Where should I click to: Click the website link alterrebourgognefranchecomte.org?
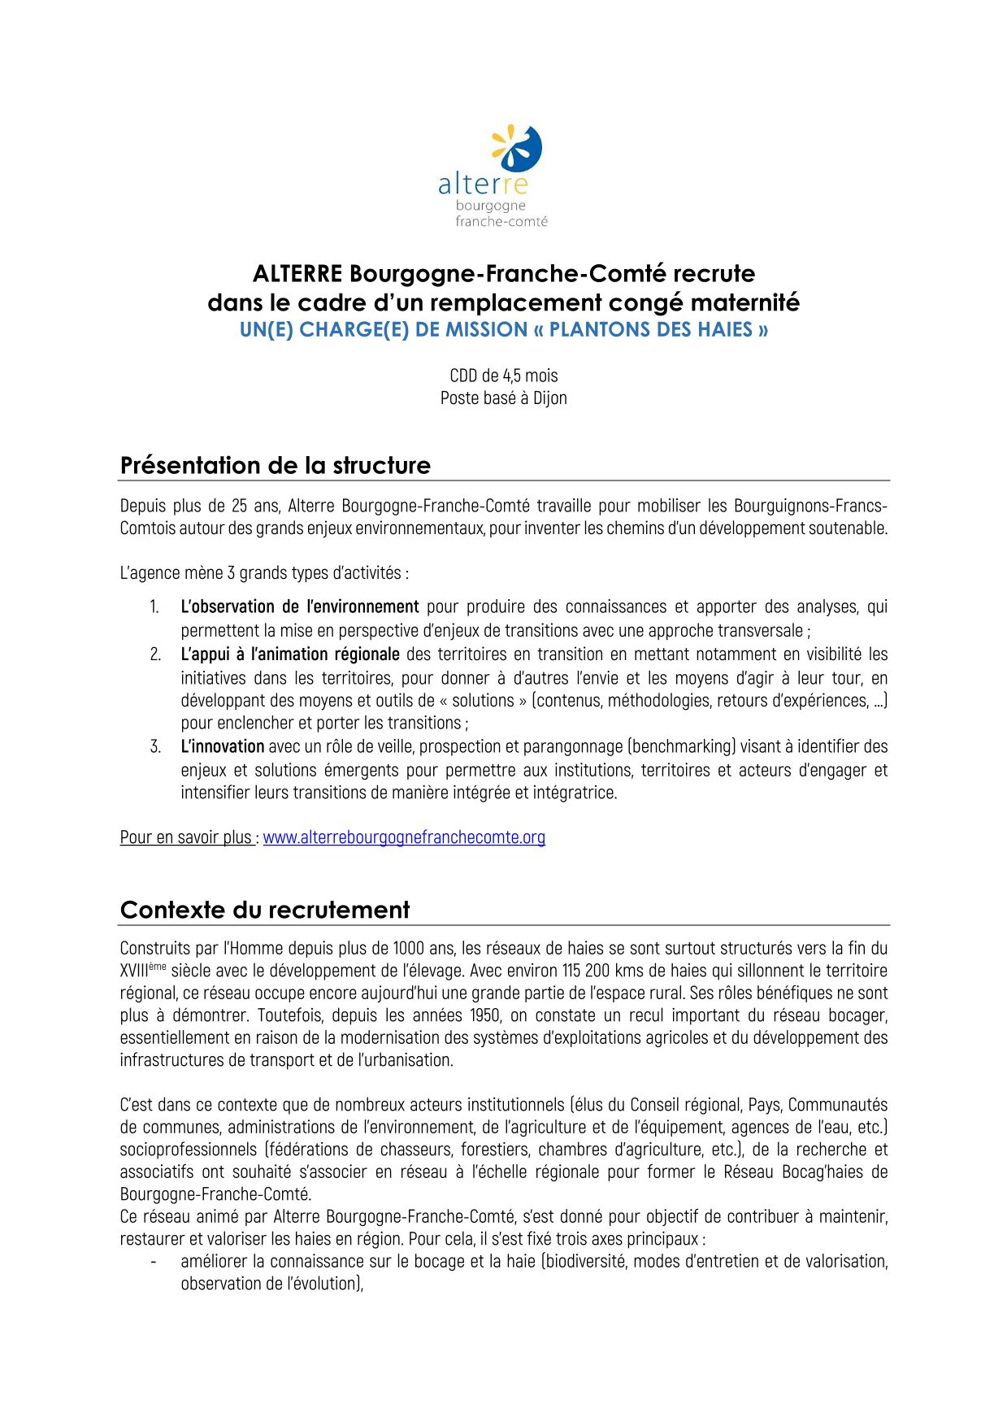[x=404, y=837]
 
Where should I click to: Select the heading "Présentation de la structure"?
[x=276, y=466]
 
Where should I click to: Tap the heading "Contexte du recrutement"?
[x=265, y=910]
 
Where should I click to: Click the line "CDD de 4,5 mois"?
[x=504, y=376]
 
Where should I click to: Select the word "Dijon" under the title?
[x=550, y=398]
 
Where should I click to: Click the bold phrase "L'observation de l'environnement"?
[x=300, y=606]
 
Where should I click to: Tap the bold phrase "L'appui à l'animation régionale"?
[x=290, y=654]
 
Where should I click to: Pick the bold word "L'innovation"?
[x=223, y=746]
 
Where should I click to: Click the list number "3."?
[x=155, y=746]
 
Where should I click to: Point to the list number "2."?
[x=155, y=654]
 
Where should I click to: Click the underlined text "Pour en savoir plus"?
[x=186, y=837]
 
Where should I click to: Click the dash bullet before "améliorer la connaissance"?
[x=154, y=1262]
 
